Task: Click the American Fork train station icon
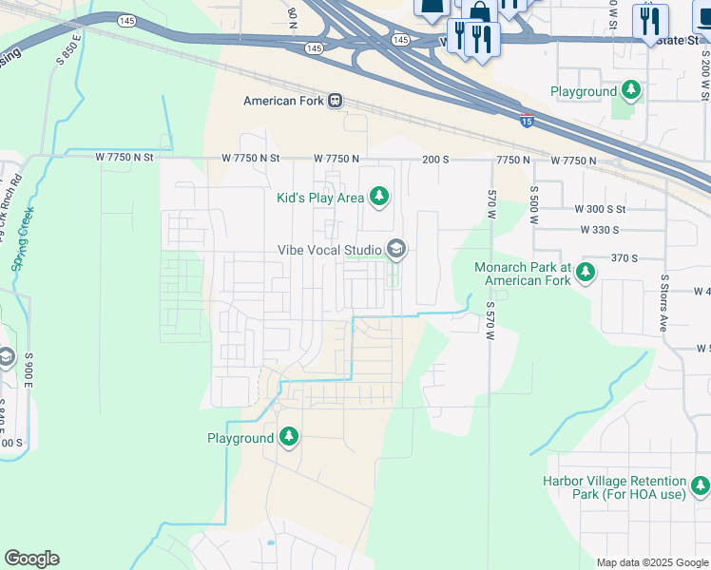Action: (335, 101)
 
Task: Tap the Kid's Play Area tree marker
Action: (379, 197)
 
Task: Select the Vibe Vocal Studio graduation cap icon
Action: (395, 250)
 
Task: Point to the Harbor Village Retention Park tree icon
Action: (701, 487)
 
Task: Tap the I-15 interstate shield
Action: (527, 120)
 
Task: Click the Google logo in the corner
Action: (31, 559)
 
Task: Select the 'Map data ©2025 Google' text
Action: (651, 562)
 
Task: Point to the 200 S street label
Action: (436, 159)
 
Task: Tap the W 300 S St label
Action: (600, 208)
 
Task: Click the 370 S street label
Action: (623, 257)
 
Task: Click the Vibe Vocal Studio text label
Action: (329, 250)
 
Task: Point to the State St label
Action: (679, 41)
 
